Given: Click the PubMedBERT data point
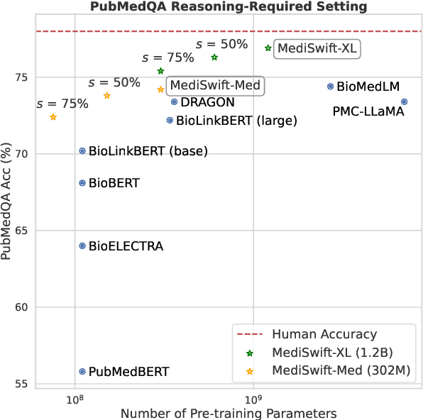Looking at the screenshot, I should pyautogui.click(x=82, y=371).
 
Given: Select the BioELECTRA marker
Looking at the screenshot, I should pyautogui.click(x=82, y=246).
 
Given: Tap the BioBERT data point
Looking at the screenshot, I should pyautogui.click(x=82, y=183).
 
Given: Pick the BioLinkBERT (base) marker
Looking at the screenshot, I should pyautogui.click(x=82, y=151).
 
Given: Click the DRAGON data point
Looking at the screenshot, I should pyautogui.click(x=174, y=102).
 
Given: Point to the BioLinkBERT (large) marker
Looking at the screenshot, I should pyautogui.click(x=170, y=121).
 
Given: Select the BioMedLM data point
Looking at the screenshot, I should pyautogui.click(x=331, y=87).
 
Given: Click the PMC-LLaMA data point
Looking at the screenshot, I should pyautogui.click(x=404, y=102).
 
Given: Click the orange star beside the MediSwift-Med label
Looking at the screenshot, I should pyautogui.click(x=160, y=89).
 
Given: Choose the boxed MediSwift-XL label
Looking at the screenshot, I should pyautogui.click(x=317, y=48).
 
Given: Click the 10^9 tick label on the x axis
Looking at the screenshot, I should pyautogui.click(x=253, y=399).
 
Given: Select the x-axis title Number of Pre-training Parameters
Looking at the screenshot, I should pyautogui.click(x=229, y=413).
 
